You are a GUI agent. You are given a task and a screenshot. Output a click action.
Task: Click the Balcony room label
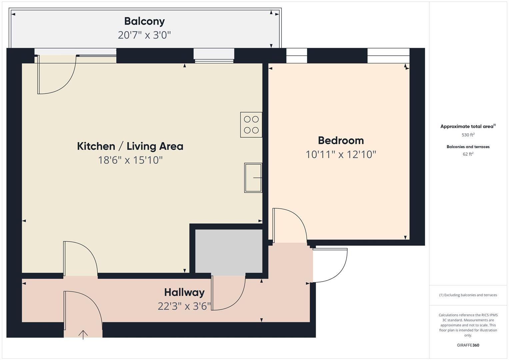click(144, 21)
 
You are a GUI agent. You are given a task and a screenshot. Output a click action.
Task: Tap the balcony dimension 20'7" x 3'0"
click(144, 35)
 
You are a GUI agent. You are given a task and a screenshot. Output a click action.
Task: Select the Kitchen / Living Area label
click(130, 146)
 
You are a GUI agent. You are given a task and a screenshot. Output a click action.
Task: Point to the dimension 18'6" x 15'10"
click(130, 160)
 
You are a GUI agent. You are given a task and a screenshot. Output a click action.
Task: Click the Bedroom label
click(341, 140)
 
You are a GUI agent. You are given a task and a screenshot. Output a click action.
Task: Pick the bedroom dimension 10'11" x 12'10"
click(341, 155)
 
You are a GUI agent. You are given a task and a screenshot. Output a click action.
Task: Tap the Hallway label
click(184, 292)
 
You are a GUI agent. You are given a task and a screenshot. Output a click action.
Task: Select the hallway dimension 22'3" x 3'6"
click(184, 306)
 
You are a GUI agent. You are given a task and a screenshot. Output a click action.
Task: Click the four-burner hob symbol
click(251, 125)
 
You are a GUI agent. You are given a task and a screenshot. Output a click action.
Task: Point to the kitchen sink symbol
click(253, 178)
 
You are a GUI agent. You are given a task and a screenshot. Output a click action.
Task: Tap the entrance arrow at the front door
click(83, 334)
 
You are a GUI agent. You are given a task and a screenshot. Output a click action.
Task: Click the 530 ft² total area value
click(468, 135)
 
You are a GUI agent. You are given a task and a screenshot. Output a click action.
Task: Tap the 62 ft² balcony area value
click(468, 154)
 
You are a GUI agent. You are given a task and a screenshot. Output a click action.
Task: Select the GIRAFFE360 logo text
click(468, 345)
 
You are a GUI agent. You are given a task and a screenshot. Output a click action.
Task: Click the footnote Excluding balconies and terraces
click(468, 295)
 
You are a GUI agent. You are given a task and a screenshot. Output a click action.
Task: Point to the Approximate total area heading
click(468, 126)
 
